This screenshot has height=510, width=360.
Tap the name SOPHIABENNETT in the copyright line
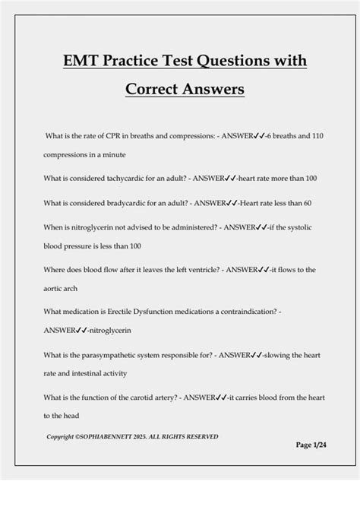pyautogui.click(x=134, y=436)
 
